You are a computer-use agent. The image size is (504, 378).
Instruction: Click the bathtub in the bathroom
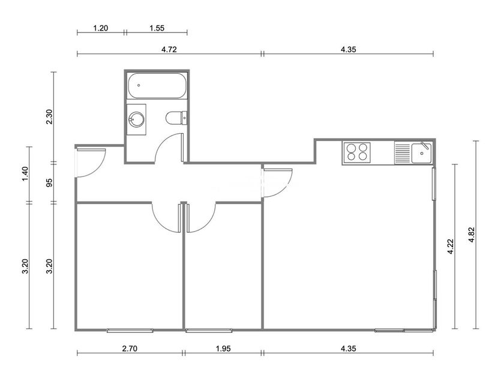point(157,85)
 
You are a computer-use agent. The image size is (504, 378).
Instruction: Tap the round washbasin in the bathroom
point(136,119)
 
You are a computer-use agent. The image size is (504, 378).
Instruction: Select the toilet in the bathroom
point(176,118)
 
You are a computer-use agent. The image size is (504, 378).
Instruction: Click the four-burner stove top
point(357,152)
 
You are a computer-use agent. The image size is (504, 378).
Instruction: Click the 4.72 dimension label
point(169,49)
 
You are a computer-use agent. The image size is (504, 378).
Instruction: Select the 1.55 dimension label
point(157,28)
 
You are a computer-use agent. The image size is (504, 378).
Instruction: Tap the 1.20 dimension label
point(101,28)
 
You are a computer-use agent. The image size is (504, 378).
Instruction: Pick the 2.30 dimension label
point(49,116)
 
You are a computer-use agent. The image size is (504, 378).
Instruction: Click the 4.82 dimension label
point(472,235)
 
